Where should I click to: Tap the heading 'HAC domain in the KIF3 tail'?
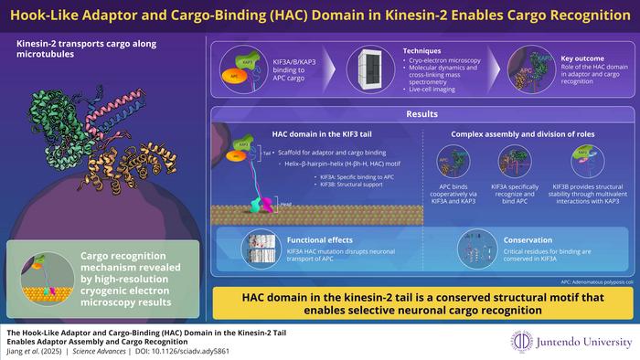(x=314, y=134)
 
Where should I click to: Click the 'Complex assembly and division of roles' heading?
(x=527, y=134)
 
